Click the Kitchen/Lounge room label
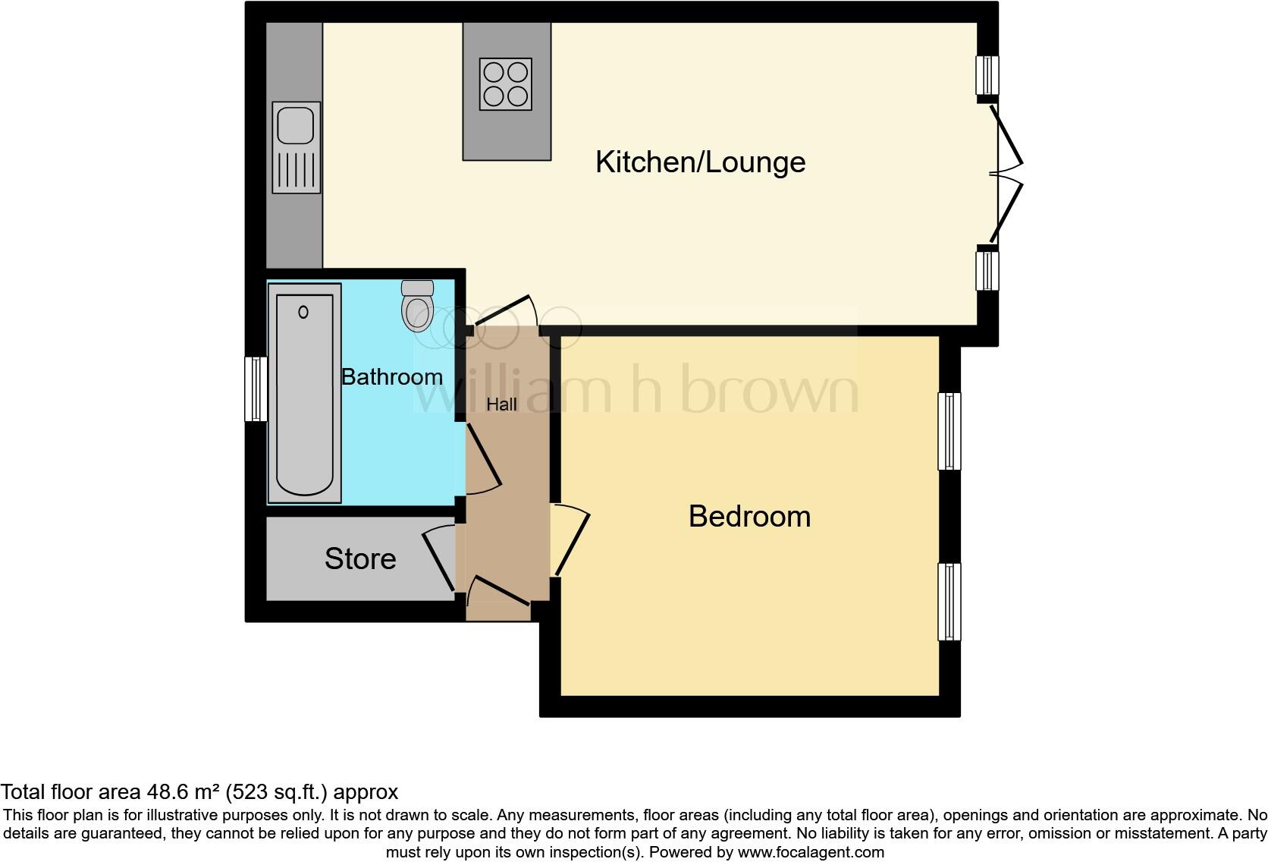pos(700,162)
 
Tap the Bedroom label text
pos(749,517)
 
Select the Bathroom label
pos(391,377)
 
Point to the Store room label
pos(360,559)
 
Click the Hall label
pos(501,405)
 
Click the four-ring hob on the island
pos(505,84)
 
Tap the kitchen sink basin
pos(296,125)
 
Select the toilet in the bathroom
pos(416,307)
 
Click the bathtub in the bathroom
pos(304,393)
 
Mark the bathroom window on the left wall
pos(256,389)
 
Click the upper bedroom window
pos(949,431)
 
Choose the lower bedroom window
pos(949,602)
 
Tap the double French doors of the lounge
pos(1005,172)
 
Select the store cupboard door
pos(439,557)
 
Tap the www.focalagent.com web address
pos(810,852)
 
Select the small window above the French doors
pos(987,75)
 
